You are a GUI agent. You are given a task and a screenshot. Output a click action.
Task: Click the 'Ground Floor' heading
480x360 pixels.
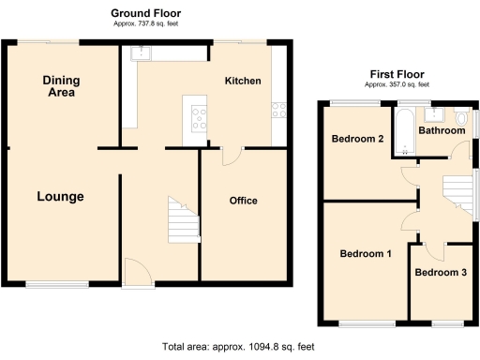click(x=145, y=12)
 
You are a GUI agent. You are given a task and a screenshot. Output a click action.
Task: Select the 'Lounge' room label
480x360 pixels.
click(x=61, y=197)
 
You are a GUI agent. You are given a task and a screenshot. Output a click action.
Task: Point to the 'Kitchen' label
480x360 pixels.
click(x=242, y=82)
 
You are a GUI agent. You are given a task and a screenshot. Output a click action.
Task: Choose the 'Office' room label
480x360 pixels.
click(x=244, y=201)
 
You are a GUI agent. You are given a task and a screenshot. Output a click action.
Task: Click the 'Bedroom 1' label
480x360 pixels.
click(x=366, y=254)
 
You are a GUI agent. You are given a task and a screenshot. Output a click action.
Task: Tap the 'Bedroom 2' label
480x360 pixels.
click(x=358, y=140)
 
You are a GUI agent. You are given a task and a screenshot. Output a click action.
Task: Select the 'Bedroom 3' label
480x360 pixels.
click(x=441, y=273)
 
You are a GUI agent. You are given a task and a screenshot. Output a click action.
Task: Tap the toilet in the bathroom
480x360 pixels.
click(x=461, y=118)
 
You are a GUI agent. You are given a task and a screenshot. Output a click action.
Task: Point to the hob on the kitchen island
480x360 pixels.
click(x=200, y=117)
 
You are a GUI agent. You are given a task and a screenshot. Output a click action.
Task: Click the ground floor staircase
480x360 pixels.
click(x=183, y=220)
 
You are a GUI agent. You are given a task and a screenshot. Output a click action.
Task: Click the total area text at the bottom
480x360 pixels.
click(x=238, y=347)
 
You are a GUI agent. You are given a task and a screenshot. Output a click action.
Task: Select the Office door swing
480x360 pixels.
click(x=231, y=157)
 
